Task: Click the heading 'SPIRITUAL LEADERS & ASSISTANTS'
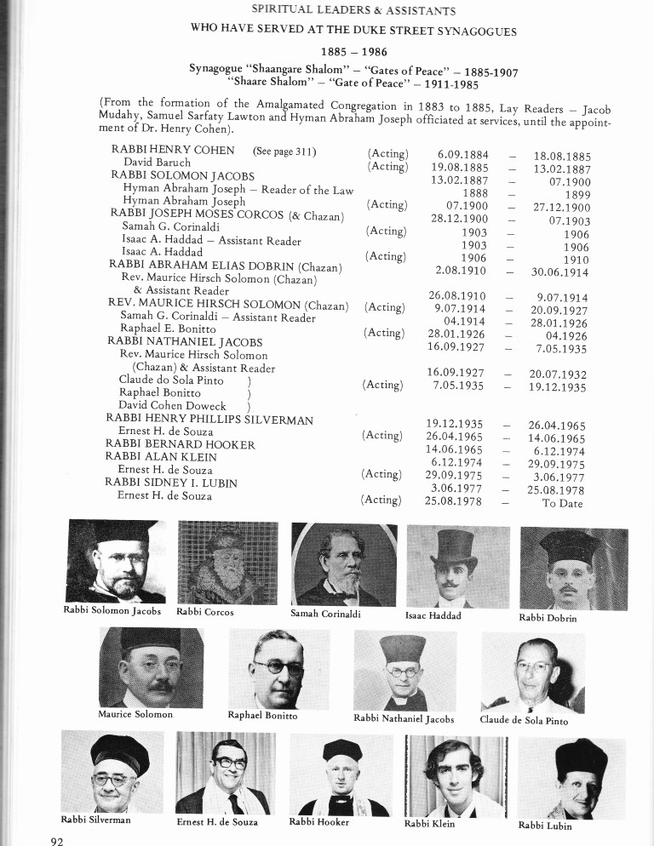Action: pos(353,11)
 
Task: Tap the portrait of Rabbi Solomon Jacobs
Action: pos(112,562)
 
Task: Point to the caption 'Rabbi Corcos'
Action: pos(204,612)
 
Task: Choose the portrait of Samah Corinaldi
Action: pos(344,563)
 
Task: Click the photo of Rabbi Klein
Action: pos(456,775)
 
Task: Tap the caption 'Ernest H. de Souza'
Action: pos(217,822)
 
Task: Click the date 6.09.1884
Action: pos(459,156)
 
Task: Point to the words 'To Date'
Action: pos(562,503)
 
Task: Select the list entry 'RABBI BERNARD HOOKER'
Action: pos(181,444)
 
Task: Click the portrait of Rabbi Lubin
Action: pos(571,778)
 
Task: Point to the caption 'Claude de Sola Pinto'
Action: pos(524,720)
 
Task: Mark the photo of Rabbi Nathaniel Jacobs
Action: pos(405,672)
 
